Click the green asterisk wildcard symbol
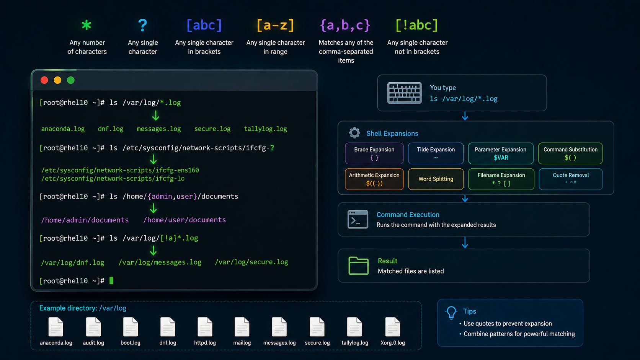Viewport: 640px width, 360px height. click(87, 25)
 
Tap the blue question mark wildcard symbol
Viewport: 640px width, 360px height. click(142, 25)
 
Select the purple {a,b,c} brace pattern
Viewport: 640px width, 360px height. click(345, 25)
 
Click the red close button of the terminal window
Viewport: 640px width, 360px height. click(44, 80)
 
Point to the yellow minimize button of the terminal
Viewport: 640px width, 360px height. click(57, 80)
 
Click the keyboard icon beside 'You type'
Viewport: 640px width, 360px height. click(404, 93)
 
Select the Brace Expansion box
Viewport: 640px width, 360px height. click(374, 153)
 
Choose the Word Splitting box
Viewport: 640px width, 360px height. click(436, 179)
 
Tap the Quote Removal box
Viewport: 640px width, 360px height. click(571, 179)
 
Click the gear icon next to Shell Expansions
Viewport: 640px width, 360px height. click(354, 133)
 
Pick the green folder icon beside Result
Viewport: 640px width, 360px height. click(359, 266)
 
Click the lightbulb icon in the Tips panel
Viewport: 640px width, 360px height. click(451, 313)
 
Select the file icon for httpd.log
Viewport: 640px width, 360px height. click(205, 327)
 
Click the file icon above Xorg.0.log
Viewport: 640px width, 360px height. click(393, 327)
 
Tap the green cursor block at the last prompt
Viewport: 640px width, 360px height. click(111, 281)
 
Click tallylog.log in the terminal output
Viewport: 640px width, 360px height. click(265, 129)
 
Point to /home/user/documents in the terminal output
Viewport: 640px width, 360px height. click(184, 220)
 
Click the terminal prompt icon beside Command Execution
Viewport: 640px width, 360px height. click(358, 219)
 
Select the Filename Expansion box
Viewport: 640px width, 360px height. click(501, 179)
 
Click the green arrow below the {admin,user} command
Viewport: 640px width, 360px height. click(153, 209)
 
